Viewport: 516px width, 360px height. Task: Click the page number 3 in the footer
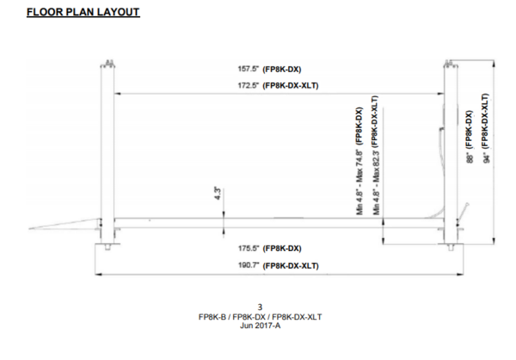[260, 307]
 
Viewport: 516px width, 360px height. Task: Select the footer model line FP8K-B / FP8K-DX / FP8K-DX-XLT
[260, 315]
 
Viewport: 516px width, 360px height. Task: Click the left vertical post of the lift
[107, 146]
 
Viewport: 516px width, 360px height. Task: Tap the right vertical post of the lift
[450, 146]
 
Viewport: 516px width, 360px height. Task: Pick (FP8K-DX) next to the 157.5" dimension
[281, 69]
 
